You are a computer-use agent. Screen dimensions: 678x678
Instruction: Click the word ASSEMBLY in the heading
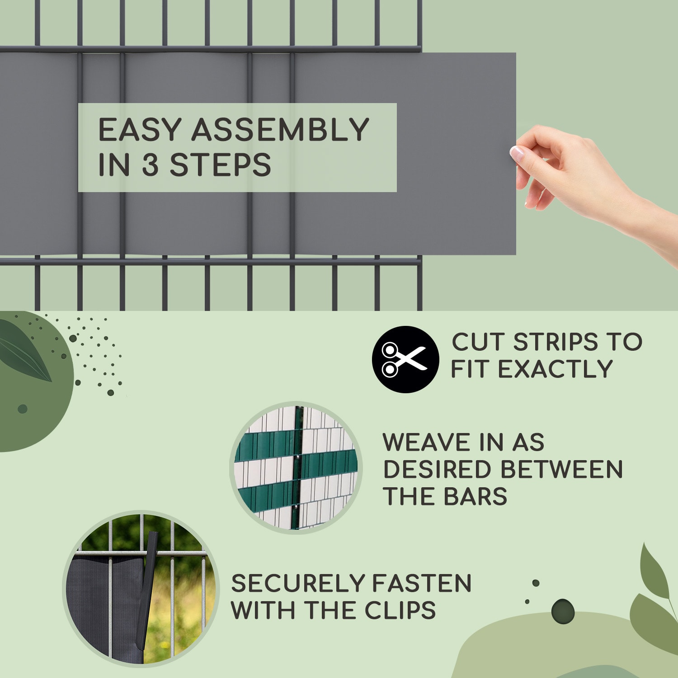tap(280, 130)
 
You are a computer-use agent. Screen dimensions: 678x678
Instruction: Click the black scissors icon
tap(405, 359)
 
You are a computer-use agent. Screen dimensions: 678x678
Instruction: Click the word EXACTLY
tap(556, 369)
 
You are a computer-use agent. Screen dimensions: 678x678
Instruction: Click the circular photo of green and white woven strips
tap(296, 467)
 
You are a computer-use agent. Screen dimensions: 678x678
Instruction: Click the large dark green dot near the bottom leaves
tap(563, 611)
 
